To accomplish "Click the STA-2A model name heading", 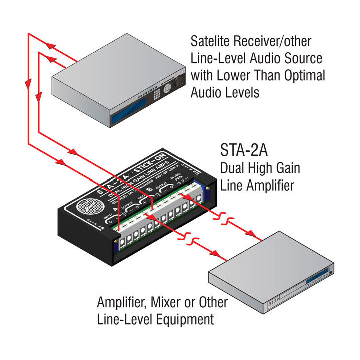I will point(245,150).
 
